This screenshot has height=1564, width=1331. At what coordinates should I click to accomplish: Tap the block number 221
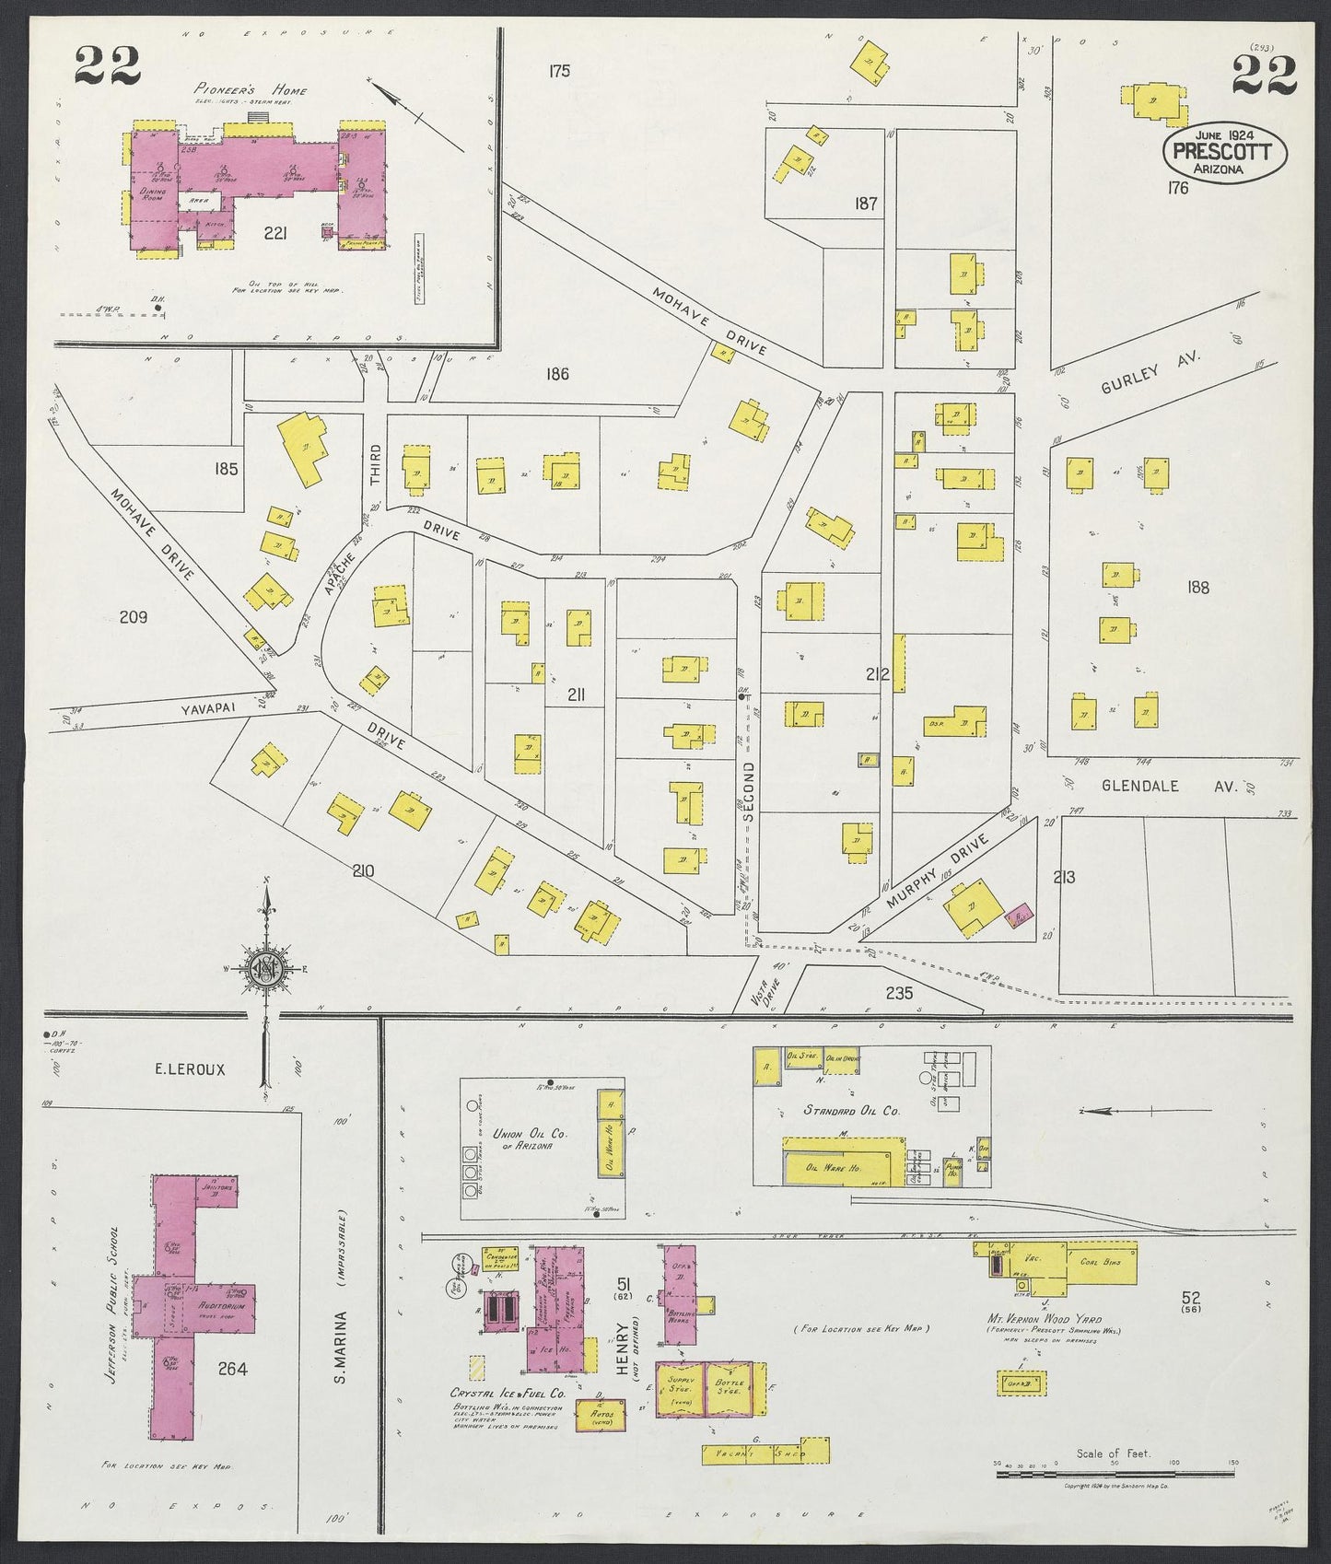click(274, 233)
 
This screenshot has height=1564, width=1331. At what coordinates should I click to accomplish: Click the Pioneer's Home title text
click(251, 90)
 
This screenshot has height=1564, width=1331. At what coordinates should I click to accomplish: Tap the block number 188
click(1198, 588)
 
